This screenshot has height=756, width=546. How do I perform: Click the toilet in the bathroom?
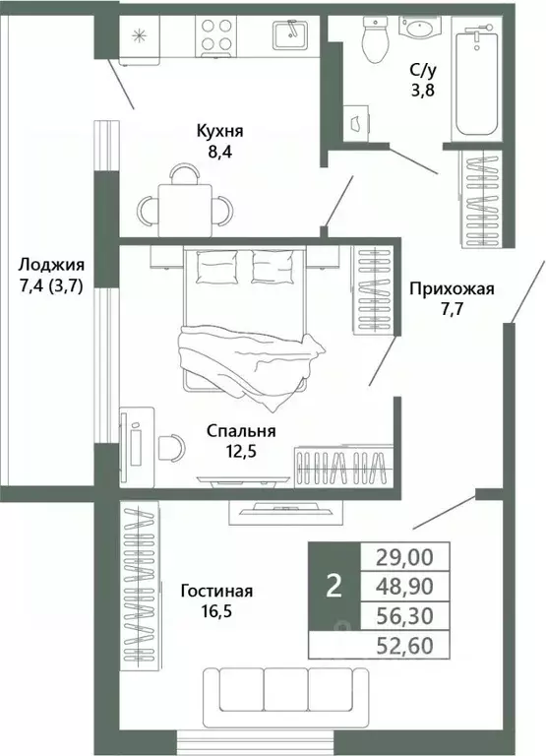[x=376, y=37]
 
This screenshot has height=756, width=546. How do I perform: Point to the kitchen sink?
[x=291, y=33]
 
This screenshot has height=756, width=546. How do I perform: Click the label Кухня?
[x=217, y=131]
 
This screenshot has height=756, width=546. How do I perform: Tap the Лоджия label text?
[x=51, y=265]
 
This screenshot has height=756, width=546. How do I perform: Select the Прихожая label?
[x=452, y=289]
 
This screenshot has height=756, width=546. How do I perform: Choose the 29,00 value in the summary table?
[x=404, y=556]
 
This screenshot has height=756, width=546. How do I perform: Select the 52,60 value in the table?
[x=404, y=646]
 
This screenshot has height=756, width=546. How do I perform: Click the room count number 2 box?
[x=334, y=586]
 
